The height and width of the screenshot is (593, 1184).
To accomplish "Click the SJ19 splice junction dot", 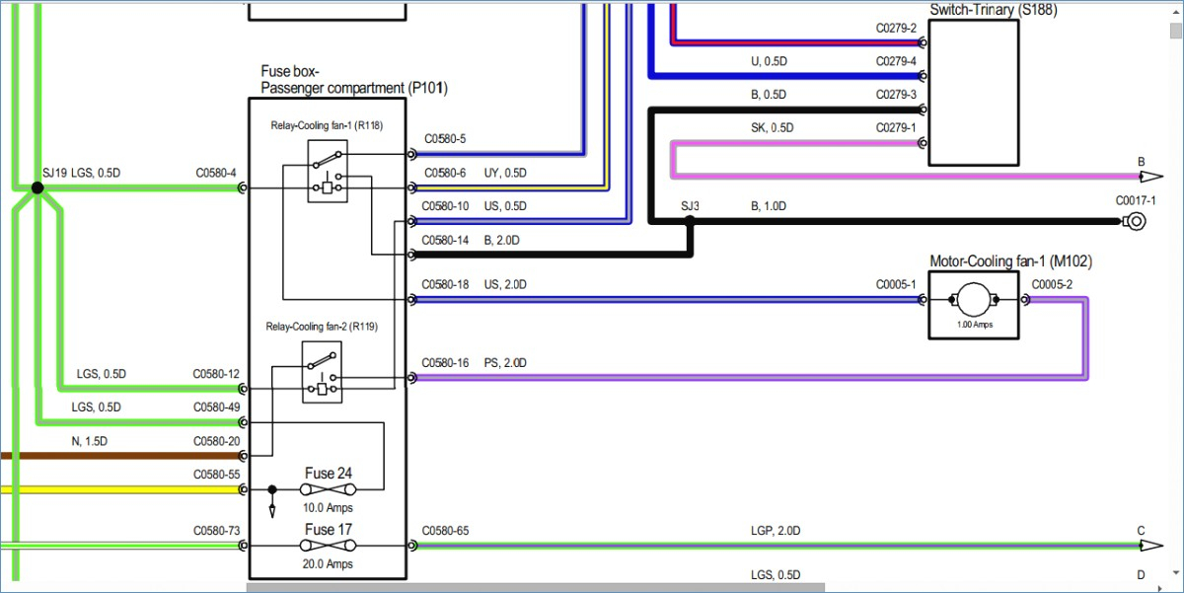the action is (37, 187).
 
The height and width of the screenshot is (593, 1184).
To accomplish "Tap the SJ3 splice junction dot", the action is (690, 221).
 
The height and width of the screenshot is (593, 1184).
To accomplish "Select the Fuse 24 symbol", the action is (328, 490).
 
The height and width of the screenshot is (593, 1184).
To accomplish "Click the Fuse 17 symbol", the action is (328, 546).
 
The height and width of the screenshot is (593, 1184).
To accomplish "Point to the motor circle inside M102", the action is (974, 300).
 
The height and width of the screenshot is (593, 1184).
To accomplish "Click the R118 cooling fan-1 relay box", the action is (328, 172).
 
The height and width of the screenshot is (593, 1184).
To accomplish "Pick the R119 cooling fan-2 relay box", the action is (322, 372).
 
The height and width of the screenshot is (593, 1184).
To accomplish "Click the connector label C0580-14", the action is (445, 241).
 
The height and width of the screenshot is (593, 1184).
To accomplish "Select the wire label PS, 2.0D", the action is (505, 363).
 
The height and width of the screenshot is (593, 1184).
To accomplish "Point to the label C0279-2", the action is (896, 28).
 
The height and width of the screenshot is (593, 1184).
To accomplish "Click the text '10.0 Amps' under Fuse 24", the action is (328, 508).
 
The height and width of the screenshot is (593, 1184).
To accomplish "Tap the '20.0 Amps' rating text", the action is (328, 564).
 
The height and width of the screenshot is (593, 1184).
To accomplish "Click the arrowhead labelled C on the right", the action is (1151, 546).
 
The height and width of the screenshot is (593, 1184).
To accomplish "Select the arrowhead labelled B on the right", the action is (1151, 177).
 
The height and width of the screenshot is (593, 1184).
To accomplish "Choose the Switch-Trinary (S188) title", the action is (994, 10).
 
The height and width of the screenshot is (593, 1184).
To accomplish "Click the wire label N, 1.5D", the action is (90, 441).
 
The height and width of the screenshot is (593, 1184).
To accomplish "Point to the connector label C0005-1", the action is (896, 285).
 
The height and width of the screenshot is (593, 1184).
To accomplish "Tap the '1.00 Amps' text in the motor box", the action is (975, 325).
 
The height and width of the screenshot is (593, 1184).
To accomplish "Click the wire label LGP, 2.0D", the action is (776, 531).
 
